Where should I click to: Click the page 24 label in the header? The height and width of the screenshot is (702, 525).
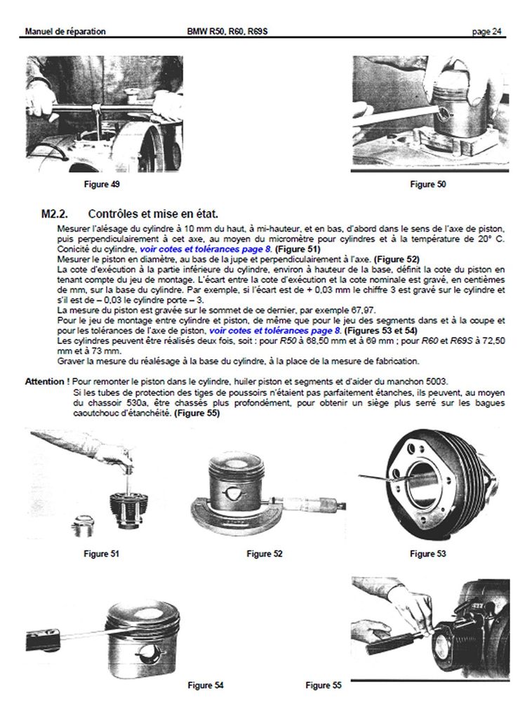(486, 32)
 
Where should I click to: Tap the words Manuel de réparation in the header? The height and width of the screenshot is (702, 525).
(65, 32)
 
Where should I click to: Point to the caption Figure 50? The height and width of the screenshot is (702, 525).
(427, 185)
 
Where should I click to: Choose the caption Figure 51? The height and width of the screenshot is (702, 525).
(101, 554)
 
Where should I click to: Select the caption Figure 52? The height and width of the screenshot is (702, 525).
(265, 554)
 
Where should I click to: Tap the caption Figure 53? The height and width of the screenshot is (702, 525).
(427, 554)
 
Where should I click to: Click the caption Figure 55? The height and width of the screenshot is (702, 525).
(324, 684)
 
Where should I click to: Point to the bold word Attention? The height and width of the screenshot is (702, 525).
(46, 381)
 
